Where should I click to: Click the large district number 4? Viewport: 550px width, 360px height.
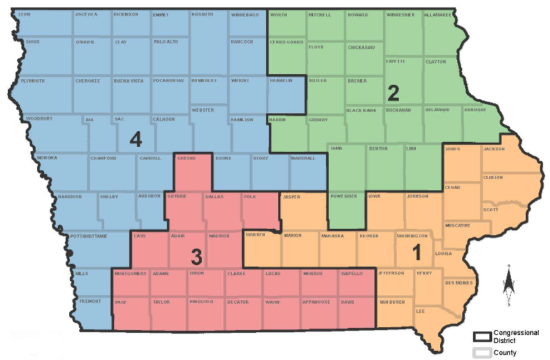135,139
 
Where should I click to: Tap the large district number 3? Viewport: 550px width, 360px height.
195,256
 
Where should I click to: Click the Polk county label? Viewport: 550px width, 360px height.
253,195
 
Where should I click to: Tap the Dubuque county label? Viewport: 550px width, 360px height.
475,110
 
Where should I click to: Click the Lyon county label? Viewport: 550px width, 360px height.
25,14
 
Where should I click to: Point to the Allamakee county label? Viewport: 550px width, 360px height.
437,14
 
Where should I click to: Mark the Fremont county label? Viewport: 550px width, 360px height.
89,302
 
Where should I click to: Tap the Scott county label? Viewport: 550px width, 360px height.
490,210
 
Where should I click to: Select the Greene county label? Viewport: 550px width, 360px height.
186,158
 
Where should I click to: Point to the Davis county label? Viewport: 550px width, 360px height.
347,302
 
